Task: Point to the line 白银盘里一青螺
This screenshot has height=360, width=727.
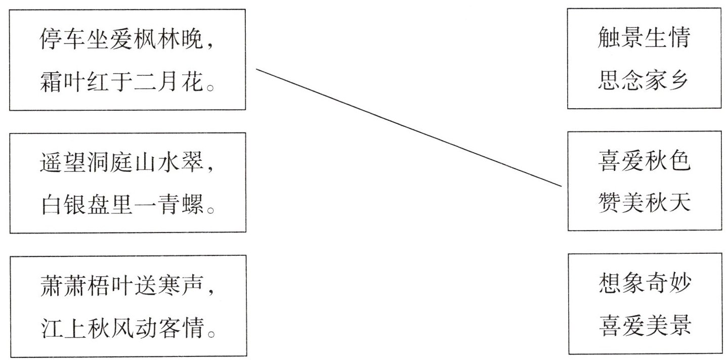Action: pos(126,204)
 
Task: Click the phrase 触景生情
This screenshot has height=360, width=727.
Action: pos(644,38)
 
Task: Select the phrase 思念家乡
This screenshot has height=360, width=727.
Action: pos(644,79)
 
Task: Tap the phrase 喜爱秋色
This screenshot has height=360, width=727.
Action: pos(644,163)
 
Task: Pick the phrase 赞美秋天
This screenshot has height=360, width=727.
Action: pos(644,203)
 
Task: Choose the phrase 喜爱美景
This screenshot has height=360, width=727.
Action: pos(644,326)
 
